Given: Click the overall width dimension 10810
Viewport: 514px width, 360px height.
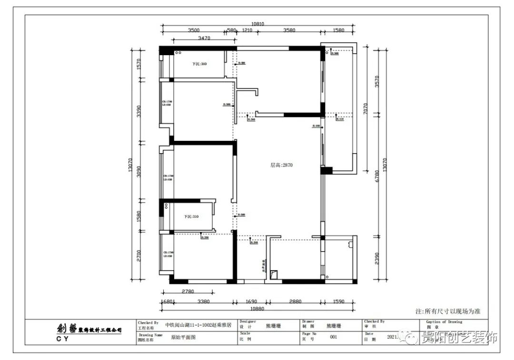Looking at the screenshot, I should point(257,23).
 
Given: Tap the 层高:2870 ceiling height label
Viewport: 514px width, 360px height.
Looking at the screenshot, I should point(281,165).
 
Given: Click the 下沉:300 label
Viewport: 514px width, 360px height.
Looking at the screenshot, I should point(199,64).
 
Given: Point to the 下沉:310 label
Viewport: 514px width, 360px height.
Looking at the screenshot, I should point(191,216).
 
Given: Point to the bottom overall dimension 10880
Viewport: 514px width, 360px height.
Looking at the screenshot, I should point(257,308).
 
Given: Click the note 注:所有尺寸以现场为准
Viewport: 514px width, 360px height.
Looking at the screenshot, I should point(448,311).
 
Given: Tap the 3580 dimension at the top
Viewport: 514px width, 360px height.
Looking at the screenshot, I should point(289,30).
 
